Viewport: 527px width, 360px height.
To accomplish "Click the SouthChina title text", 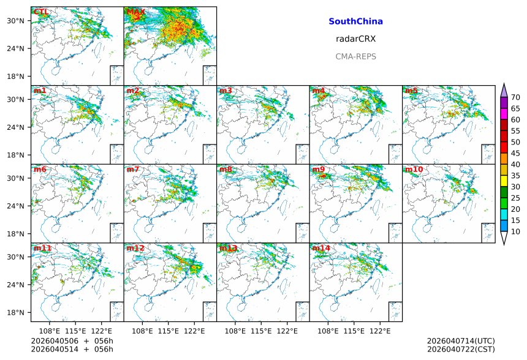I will (355, 21).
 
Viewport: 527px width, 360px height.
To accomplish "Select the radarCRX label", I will (355, 39).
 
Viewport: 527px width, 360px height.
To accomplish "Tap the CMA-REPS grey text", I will (355, 56).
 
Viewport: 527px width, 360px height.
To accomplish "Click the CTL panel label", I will (41, 12).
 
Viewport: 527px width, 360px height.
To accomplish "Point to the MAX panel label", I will (135, 12).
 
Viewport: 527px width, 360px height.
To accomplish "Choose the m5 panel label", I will (411, 91).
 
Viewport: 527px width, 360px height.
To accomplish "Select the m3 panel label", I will (226, 91).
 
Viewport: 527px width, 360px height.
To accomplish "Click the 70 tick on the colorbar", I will (515, 97).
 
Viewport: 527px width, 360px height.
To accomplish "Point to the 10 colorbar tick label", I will (515, 231).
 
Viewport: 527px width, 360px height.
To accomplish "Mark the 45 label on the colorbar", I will (515, 153).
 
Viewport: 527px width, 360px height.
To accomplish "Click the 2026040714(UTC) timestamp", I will (461, 341).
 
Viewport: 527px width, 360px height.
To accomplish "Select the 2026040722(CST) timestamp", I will (461, 350).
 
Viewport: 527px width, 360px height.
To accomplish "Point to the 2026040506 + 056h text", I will (64, 341).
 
